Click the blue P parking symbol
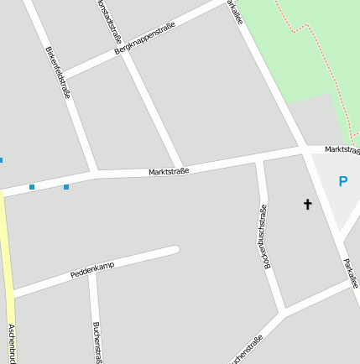[342, 180]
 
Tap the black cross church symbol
[307, 204]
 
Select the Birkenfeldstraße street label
[58, 73]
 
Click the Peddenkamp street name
[91, 268]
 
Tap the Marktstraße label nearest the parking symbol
[342, 149]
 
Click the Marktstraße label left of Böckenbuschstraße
[169, 171]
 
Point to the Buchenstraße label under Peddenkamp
[97, 342]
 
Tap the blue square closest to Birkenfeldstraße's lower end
[66, 186]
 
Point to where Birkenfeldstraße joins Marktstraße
[95, 174]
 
